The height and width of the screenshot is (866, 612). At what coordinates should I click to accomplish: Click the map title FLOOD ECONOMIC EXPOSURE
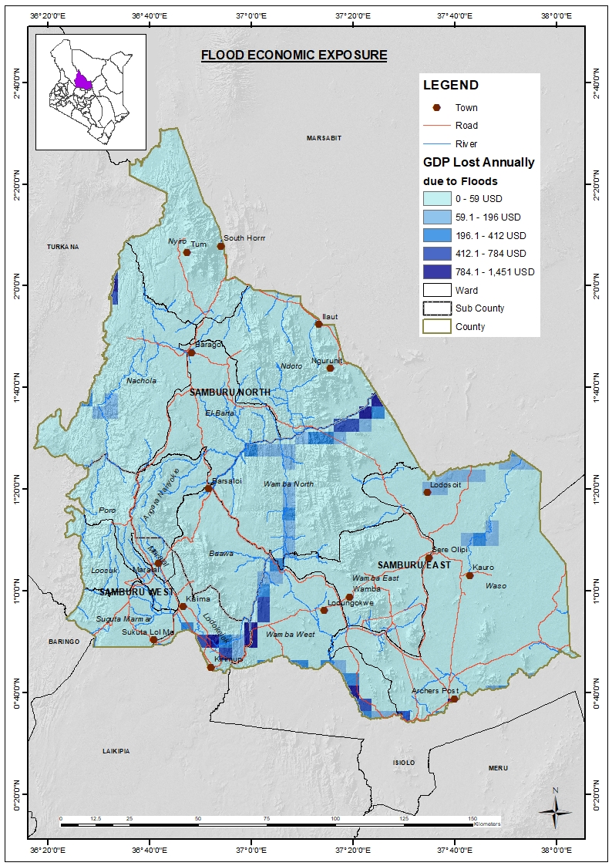(x=294, y=56)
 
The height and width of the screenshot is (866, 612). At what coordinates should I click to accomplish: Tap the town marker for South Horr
(x=220, y=246)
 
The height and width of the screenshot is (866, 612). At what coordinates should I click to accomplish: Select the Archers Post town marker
(x=454, y=699)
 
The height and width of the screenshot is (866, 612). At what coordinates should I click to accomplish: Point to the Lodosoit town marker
(x=427, y=492)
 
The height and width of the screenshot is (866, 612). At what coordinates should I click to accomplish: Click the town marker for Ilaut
(x=318, y=324)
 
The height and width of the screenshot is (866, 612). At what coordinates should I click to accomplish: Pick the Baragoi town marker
(x=191, y=352)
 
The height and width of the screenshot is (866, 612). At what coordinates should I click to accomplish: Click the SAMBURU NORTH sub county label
(x=230, y=393)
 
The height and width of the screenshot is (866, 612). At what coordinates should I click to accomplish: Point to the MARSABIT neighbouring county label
(x=324, y=138)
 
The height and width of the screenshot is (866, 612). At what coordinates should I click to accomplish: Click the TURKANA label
(x=63, y=247)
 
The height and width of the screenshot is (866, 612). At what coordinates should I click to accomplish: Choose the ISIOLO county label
(x=403, y=763)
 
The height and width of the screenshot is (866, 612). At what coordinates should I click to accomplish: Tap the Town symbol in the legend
(x=437, y=108)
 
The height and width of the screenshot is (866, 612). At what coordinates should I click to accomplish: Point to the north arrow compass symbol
(x=554, y=809)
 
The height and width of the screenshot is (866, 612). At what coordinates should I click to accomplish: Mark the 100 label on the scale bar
(x=335, y=818)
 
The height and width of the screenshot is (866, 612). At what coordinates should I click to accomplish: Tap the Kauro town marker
(x=469, y=575)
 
